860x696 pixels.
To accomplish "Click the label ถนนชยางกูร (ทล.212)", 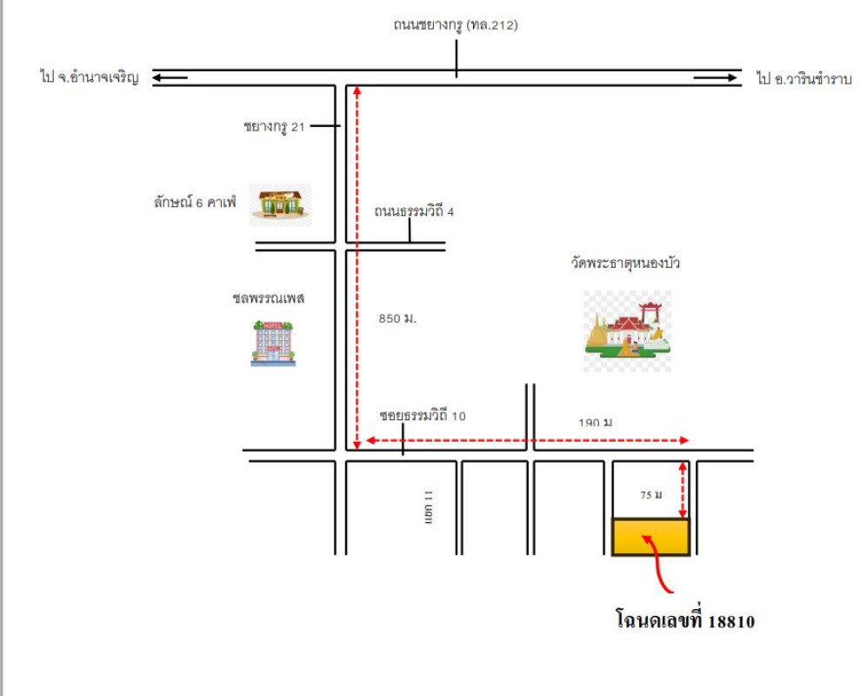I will [x=455, y=25].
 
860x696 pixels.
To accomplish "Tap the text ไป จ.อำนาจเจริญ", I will [x=90, y=78].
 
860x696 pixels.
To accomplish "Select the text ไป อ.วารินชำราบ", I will [x=803, y=79].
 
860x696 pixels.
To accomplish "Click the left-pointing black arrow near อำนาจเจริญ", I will [x=170, y=78].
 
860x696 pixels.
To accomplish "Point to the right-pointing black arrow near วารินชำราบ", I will [x=714, y=79].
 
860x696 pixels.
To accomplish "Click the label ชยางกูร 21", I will [x=274, y=126].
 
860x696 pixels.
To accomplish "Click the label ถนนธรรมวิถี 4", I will [x=414, y=211].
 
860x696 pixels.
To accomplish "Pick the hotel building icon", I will [x=273, y=342].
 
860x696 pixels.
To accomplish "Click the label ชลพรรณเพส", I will [x=268, y=298].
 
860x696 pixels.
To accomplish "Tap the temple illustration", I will [x=627, y=331].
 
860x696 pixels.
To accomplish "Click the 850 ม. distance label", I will [x=397, y=318].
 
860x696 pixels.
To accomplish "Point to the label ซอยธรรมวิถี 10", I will [x=423, y=416].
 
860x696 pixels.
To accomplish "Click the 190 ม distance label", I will [x=596, y=423].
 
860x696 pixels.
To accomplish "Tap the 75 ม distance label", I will [x=651, y=495].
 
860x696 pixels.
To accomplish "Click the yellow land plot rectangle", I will [x=650, y=537].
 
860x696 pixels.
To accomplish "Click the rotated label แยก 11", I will [x=428, y=506].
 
